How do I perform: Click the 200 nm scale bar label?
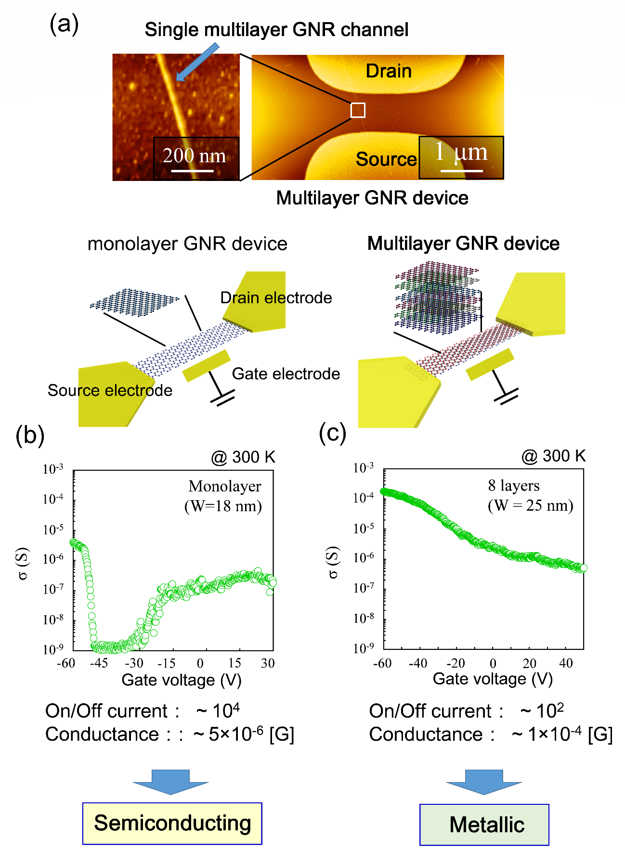point(194,156)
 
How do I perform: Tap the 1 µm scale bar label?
point(461,152)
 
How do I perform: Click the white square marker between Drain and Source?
point(358,110)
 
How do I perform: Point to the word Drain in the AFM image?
point(389,71)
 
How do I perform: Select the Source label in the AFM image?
point(386,159)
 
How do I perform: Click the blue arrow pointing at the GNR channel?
point(197,62)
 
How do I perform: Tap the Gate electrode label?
point(286,374)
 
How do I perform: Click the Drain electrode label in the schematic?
point(276,298)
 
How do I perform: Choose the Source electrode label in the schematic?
point(110,390)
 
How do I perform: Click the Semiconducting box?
point(172,824)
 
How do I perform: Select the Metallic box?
point(484,825)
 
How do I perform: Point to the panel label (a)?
point(64,24)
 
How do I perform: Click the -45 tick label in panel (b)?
point(99,663)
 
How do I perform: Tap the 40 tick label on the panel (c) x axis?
point(566,663)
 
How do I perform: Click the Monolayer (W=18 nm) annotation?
point(224,496)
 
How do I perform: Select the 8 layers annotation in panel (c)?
point(513,486)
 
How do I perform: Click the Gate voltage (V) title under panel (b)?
point(182,680)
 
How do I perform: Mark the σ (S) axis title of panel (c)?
point(333,562)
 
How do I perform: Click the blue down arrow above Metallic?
point(484,782)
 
